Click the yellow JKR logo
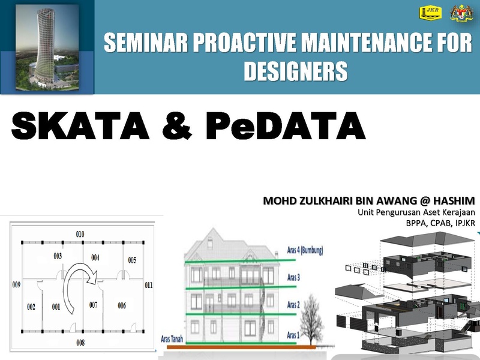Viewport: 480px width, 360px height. (x=430, y=13)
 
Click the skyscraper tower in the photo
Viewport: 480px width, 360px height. (x=45, y=46)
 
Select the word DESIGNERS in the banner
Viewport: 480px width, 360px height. (x=295, y=71)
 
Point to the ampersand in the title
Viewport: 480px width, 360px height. (x=177, y=126)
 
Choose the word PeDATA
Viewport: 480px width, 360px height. (x=286, y=126)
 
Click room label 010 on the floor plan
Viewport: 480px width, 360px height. (x=80, y=234)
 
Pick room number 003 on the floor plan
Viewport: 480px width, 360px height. (x=58, y=256)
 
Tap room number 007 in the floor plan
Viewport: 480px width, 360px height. (x=94, y=305)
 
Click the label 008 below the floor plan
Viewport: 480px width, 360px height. (x=80, y=343)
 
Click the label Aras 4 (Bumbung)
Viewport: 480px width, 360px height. (x=305, y=250)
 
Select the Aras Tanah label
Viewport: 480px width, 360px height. (x=172, y=339)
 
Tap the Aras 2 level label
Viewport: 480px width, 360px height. (x=293, y=305)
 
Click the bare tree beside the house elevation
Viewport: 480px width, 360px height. (x=311, y=319)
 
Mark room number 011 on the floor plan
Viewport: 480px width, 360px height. (x=148, y=286)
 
